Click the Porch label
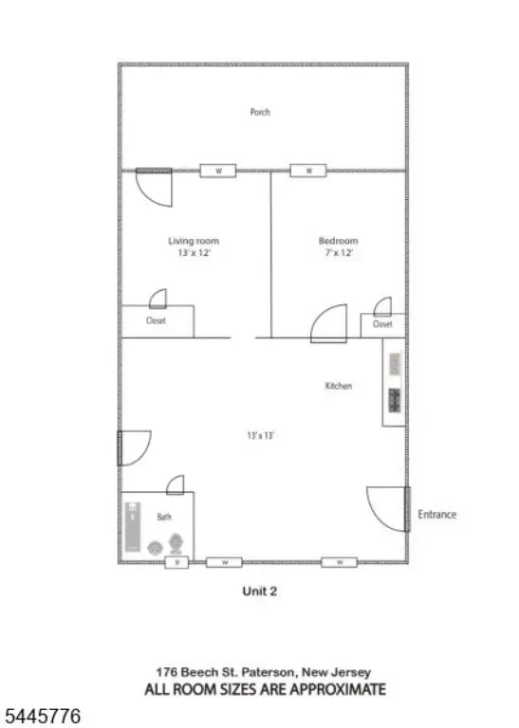[260, 112]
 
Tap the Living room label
[194, 241]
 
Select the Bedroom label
[339, 241]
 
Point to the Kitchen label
[339, 386]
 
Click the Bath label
[164, 517]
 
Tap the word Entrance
[436, 515]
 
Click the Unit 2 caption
[260, 591]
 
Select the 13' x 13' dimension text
[261, 435]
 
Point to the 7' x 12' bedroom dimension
[339, 253]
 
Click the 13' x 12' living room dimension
[195, 253]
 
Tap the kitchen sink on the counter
[395, 364]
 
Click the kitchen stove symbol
[395, 400]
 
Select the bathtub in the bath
[133, 526]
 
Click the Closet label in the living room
[157, 320]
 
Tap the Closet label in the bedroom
[382, 324]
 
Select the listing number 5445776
[43, 716]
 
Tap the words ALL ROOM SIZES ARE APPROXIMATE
[266, 689]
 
